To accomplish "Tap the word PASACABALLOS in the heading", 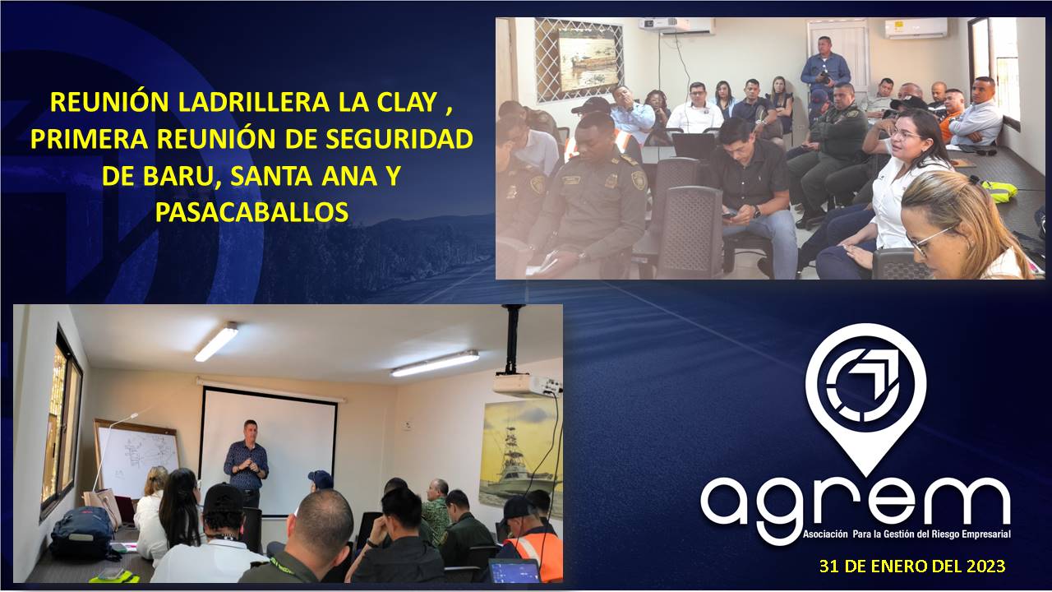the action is tap(251, 212).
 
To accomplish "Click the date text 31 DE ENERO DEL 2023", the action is tap(912, 566).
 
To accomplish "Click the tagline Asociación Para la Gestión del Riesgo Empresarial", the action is tap(907, 534).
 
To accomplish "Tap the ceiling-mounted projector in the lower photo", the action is tap(526, 383).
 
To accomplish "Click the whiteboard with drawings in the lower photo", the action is tap(136, 459).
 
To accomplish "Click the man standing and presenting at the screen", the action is tap(247, 465).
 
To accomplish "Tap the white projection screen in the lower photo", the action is tap(269, 451).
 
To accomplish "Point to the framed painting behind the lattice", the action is tap(587, 61).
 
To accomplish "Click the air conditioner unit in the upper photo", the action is tap(916, 28).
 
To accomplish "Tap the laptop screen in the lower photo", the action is tap(514, 571).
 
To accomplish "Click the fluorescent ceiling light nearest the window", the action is tap(216, 341).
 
